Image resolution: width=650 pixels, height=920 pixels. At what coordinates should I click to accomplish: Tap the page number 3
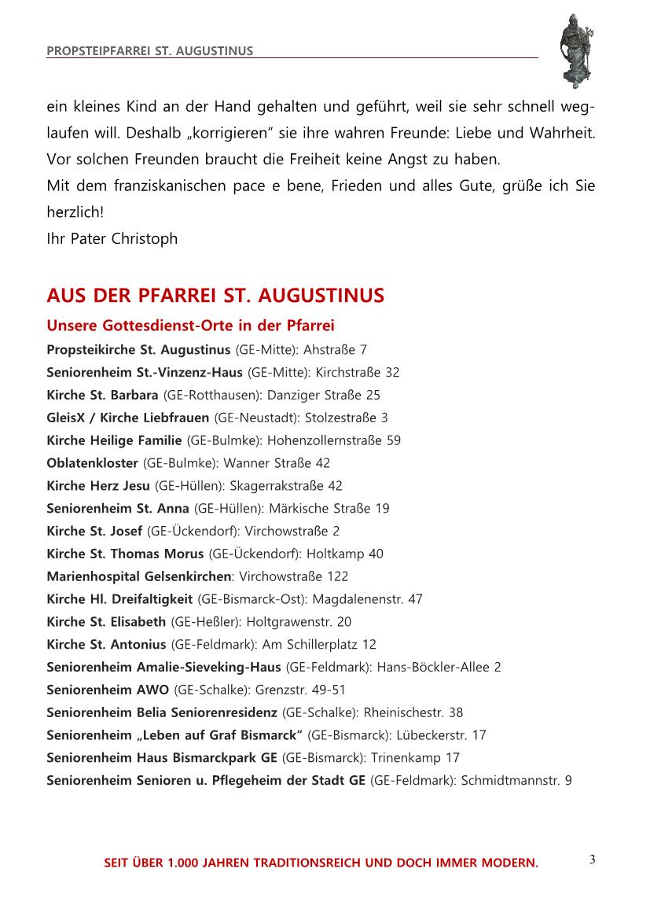[x=592, y=859]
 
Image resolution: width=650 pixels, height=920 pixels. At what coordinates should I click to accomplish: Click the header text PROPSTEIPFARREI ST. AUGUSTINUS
[x=150, y=51]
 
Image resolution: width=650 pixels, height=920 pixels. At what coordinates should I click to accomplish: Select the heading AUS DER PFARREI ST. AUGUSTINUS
[x=215, y=296]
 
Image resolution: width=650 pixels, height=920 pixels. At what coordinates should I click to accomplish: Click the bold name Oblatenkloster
[x=92, y=463]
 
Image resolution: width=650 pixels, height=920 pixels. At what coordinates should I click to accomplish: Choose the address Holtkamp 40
[x=345, y=554]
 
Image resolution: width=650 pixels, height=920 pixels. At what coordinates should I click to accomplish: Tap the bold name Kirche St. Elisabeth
[x=106, y=622]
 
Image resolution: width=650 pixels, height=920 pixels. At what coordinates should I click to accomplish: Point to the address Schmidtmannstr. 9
[x=516, y=781]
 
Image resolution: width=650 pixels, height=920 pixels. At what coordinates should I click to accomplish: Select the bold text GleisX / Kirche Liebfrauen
[x=128, y=418]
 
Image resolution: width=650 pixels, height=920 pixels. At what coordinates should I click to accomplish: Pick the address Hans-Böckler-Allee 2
[x=439, y=668]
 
